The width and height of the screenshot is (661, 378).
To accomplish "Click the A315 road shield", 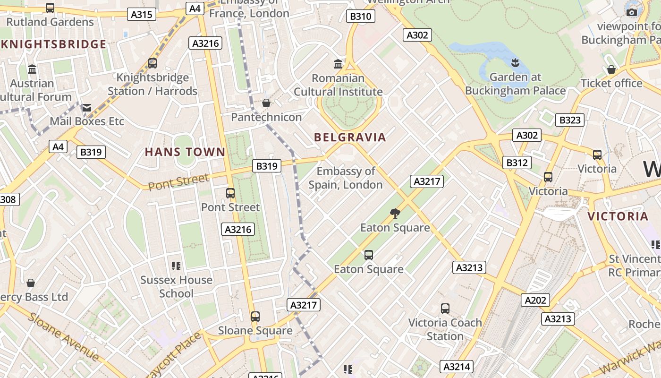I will point(142,15).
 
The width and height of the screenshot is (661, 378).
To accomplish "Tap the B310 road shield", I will point(360,17).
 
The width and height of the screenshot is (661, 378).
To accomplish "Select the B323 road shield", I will point(569,120).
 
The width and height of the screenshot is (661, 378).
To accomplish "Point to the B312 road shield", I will point(517,163).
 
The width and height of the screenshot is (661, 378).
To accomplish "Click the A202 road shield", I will point(535,300).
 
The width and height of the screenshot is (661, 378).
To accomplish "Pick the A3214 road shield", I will point(457,367).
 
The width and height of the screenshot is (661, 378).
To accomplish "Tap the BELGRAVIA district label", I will point(350,137).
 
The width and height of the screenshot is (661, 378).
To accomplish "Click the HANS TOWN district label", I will point(185,152).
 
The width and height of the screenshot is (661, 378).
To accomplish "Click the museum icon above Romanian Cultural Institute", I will point(338,64).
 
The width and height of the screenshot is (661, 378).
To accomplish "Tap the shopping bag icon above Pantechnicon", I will point(266,103).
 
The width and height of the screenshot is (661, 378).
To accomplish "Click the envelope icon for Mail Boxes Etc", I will point(87,108).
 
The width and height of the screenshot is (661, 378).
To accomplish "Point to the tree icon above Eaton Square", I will point(395,214).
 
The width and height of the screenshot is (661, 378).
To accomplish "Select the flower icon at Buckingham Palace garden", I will point(515,62).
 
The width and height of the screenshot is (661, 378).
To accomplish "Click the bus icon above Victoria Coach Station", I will point(445,309).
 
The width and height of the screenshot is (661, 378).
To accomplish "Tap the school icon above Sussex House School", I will point(176,266).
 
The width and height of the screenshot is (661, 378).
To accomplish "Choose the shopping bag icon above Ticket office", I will point(611,69).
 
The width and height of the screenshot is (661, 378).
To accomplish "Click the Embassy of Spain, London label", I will point(346,178).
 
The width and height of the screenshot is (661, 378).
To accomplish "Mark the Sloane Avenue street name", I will point(63,336).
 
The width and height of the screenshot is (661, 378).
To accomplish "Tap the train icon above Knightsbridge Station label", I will point(152,63).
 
